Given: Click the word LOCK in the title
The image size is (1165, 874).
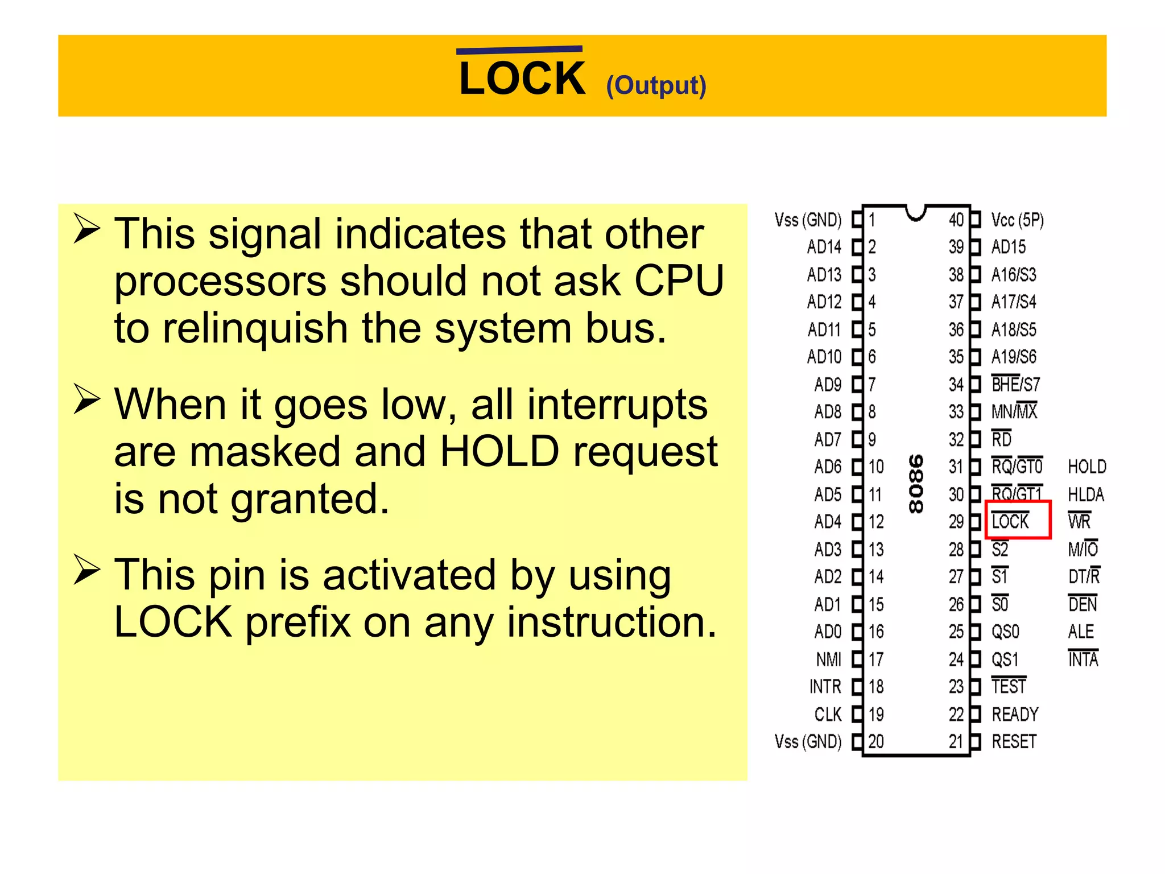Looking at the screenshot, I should click(522, 79).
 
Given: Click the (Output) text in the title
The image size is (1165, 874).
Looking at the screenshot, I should click(656, 85).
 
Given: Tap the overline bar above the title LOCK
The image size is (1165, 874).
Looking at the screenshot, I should click(519, 50).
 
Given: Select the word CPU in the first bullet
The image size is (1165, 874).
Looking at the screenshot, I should click(679, 281).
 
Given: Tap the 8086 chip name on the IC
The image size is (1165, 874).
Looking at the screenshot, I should click(915, 484).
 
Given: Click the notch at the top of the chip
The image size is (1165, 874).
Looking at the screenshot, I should click(916, 213).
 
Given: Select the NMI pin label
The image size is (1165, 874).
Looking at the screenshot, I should click(828, 659).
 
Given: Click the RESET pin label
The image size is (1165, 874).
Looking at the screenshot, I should click(1014, 742).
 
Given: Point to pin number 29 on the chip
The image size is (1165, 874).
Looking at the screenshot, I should click(956, 522).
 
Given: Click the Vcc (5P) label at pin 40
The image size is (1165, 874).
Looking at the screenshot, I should click(1017, 220).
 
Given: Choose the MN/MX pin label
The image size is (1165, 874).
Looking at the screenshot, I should click(1014, 411).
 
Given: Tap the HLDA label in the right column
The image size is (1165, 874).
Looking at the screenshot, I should click(1086, 494).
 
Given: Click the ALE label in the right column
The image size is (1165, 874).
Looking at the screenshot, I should click(1081, 632).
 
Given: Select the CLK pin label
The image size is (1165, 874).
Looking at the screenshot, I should click(828, 715).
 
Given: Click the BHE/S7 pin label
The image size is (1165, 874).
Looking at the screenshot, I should click(1015, 385).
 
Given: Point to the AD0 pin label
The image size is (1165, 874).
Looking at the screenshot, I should click(828, 632).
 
